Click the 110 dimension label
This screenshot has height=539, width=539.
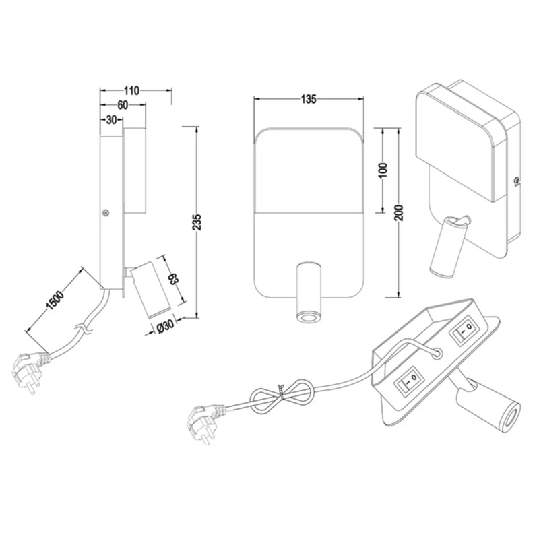131,91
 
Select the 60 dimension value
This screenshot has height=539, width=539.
123,105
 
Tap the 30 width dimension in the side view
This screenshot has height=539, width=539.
111,120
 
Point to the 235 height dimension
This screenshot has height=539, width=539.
197,222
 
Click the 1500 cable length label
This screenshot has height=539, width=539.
55,300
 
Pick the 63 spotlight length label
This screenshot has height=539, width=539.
173,278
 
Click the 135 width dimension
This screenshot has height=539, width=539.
309,99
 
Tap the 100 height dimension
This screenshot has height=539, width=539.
383,170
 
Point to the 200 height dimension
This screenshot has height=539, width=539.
399,213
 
